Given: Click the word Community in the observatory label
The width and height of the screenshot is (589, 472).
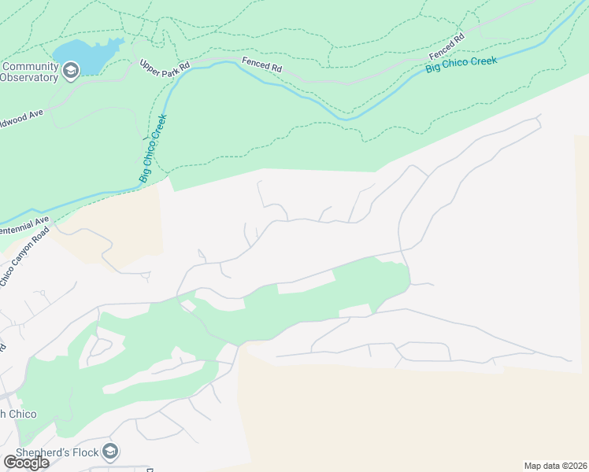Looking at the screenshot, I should pyautogui.click(x=32, y=66).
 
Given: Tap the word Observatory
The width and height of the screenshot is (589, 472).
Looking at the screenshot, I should pyautogui.click(x=29, y=77).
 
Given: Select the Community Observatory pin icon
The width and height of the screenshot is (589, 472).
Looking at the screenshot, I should pyautogui.click(x=71, y=72).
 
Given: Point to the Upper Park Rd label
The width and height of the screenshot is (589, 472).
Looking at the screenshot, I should pyautogui.click(x=165, y=68).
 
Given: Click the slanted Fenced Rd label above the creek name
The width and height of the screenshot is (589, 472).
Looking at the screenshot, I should pyautogui.click(x=446, y=46).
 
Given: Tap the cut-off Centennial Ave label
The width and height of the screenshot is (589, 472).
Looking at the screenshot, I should pyautogui.click(x=24, y=226).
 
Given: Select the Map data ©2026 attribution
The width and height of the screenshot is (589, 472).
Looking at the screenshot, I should pyautogui.click(x=555, y=466).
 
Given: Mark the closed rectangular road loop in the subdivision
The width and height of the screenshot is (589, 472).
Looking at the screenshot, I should pyautogui.click(x=424, y=351).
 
